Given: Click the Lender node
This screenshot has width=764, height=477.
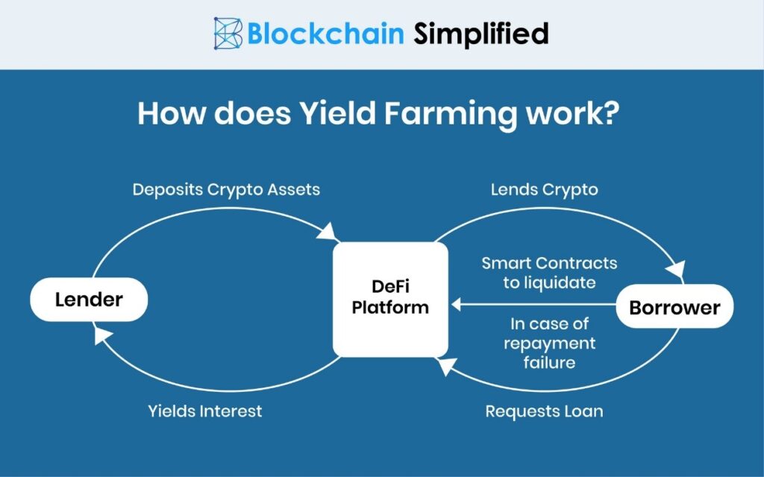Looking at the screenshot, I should point(89,300).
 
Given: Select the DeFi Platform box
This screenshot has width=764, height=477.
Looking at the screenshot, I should point(390,298).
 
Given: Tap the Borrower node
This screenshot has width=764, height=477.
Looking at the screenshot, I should point(674,306).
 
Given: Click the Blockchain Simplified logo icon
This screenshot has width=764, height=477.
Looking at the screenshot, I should point(227,34).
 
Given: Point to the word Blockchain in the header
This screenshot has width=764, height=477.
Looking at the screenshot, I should point(326,34).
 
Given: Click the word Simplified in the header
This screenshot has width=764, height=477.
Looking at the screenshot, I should point(481,34).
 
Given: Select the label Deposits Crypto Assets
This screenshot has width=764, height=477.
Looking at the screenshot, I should point(226,189).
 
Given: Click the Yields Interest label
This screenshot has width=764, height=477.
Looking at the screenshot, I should point(204,411).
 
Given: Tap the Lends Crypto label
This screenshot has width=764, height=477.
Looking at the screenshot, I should point(544,189).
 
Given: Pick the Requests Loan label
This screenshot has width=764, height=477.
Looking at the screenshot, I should point(544,411).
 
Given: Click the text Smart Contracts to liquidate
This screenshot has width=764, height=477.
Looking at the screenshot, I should point(549,273).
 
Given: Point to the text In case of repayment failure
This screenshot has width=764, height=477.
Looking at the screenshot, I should point(549,343).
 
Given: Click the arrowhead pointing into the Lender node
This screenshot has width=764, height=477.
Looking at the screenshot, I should point(100,338).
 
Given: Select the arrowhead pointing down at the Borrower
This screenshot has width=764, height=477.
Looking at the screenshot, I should point(678,271).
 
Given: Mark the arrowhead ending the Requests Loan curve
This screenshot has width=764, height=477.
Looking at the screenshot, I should point(445,364).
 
